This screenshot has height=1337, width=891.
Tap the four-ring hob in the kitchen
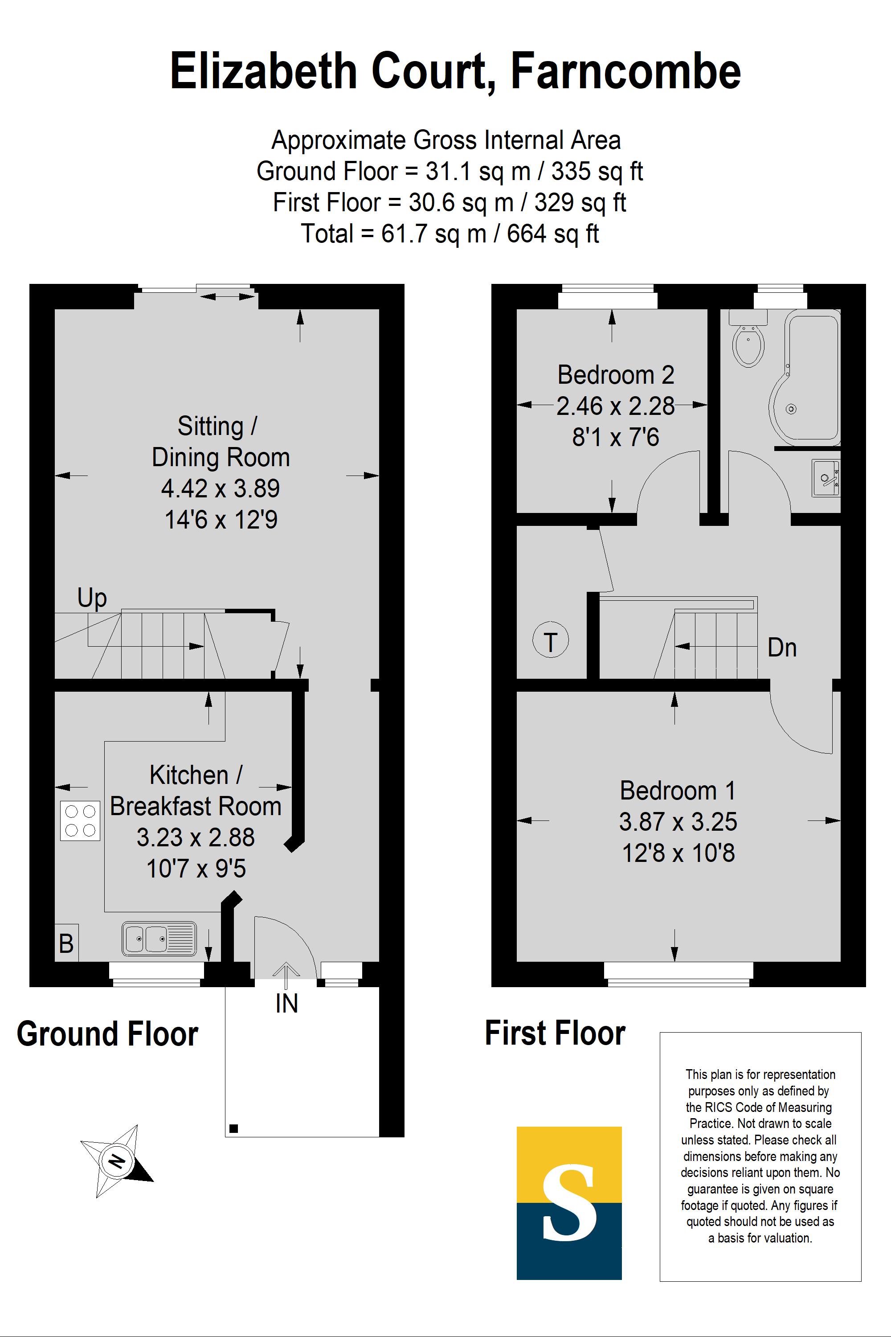pos(80,820)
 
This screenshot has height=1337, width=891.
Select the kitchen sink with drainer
pos(159,939)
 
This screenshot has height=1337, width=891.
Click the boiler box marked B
pos(66,943)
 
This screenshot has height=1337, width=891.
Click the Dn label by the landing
pos(782,648)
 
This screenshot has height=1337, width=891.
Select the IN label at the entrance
pos(286,1003)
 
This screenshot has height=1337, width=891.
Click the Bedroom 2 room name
pos(615,375)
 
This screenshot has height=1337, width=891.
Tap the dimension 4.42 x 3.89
pos(221,488)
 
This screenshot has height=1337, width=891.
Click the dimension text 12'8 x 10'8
pos(678,853)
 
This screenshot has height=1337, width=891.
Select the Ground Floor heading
pos(107,1034)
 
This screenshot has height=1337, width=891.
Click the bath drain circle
pos(790,409)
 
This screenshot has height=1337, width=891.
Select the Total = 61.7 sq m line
pos(450,234)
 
